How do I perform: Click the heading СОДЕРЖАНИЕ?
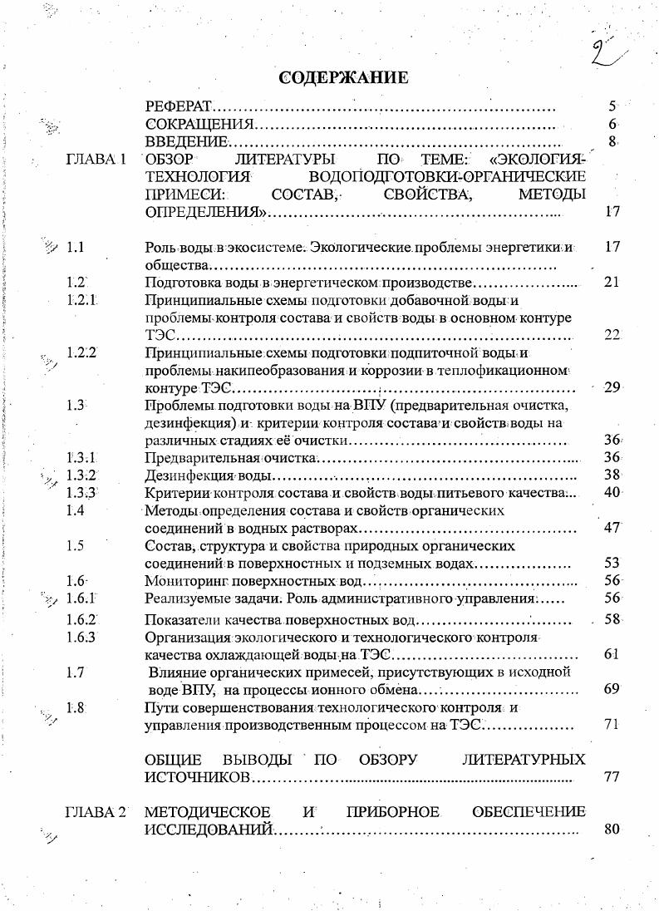[x=343, y=78]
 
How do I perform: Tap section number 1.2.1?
[x=82, y=300]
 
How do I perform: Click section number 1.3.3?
[x=82, y=493]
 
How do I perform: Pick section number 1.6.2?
[x=82, y=619]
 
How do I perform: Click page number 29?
[x=612, y=387]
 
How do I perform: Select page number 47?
[x=612, y=528]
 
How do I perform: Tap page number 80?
[x=612, y=829]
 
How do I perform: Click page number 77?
[x=612, y=777]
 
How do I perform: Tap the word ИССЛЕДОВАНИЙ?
[x=208, y=830]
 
